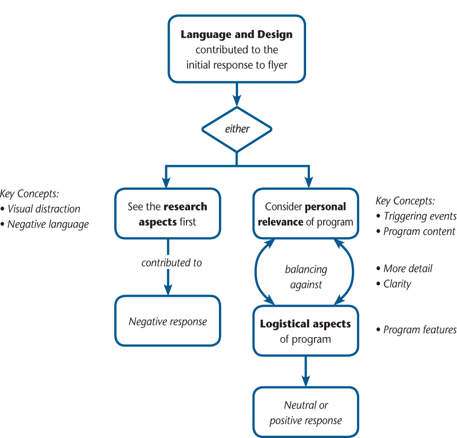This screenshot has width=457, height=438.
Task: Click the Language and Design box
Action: click(x=236, y=49)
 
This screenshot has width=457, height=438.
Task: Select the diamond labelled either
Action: click(x=237, y=129)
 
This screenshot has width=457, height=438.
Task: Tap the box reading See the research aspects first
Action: click(x=167, y=214)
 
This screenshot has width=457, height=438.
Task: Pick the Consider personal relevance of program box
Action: click(x=306, y=214)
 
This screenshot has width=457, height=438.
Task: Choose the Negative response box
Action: click(x=167, y=321)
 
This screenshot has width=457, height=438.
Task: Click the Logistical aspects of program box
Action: click(x=306, y=331)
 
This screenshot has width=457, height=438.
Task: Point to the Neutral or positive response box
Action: click(x=306, y=413)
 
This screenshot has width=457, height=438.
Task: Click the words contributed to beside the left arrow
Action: click(x=172, y=263)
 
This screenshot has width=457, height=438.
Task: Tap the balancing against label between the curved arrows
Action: click(x=306, y=277)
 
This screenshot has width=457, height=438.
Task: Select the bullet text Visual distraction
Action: click(x=44, y=209)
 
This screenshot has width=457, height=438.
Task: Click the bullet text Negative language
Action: click(x=48, y=224)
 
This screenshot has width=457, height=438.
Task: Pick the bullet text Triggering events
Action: click(x=419, y=216)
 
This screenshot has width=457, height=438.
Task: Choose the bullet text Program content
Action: click(x=419, y=231)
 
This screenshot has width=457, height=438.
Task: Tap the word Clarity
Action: click(x=397, y=284)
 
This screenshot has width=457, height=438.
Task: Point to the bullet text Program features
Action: click(x=419, y=330)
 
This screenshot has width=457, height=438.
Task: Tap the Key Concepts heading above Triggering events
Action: click(x=405, y=201)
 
